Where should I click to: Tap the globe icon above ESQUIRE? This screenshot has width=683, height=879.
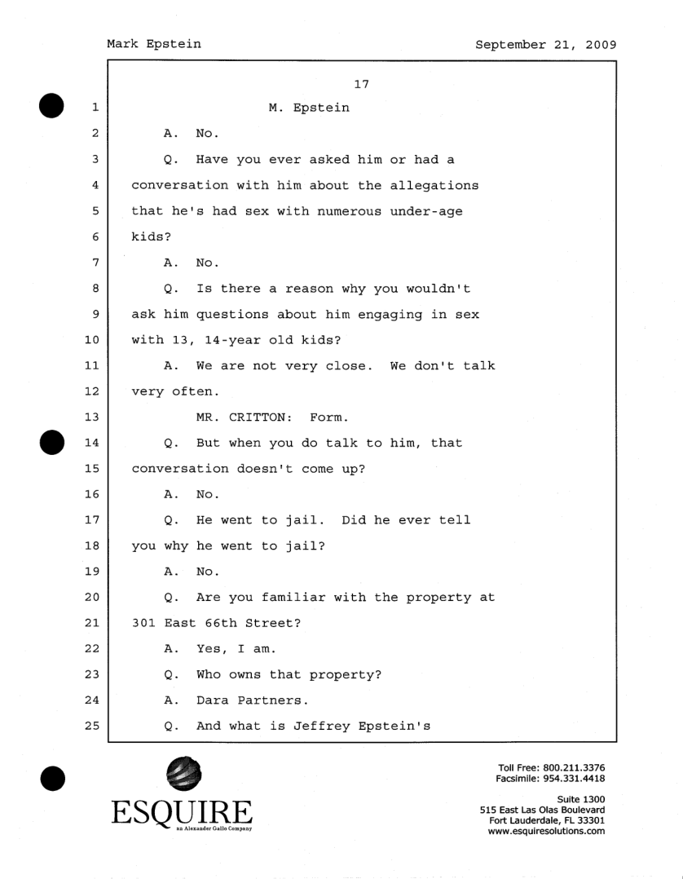pyautogui.click(x=182, y=775)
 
